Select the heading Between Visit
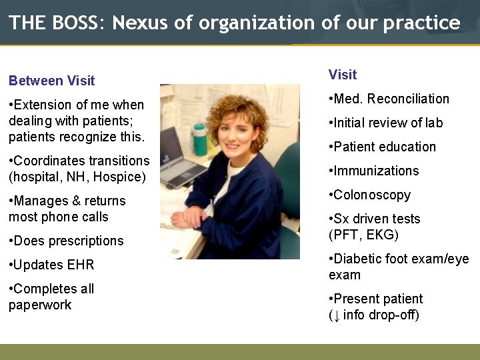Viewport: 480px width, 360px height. coord(52,81)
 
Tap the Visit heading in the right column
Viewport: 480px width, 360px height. coord(343,75)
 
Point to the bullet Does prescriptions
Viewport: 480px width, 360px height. coord(66,241)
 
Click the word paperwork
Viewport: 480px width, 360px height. coord(40,305)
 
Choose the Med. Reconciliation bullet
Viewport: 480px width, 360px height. coord(389,99)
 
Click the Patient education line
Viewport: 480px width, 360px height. coord(382,147)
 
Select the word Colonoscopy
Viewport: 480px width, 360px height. coord(372,195)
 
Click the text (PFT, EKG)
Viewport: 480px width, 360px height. coord(363,235)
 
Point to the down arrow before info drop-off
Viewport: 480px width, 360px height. coord(337,315)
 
